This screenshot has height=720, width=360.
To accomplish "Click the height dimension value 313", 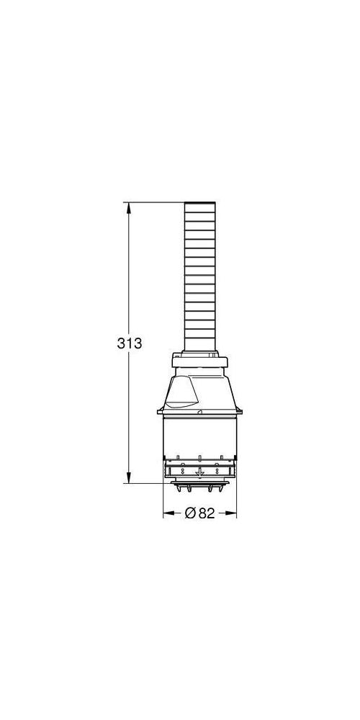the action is [x=130, y=343].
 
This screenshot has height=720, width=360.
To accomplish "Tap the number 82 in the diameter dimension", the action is [x=207, y=513].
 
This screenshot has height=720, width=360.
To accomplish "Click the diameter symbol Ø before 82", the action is [x=191, y=513].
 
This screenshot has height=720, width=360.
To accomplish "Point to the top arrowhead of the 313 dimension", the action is [x=129, y=207].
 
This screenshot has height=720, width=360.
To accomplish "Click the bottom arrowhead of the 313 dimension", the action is [x=129, y=477].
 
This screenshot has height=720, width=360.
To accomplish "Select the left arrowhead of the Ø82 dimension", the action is [x=168, y=513].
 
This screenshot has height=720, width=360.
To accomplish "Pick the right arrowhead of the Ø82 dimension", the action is [x=231, y=513].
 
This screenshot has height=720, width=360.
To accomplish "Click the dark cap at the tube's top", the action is [x=199, y=203].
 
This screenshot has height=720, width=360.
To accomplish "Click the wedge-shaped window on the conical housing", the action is [x=181, y=392].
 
